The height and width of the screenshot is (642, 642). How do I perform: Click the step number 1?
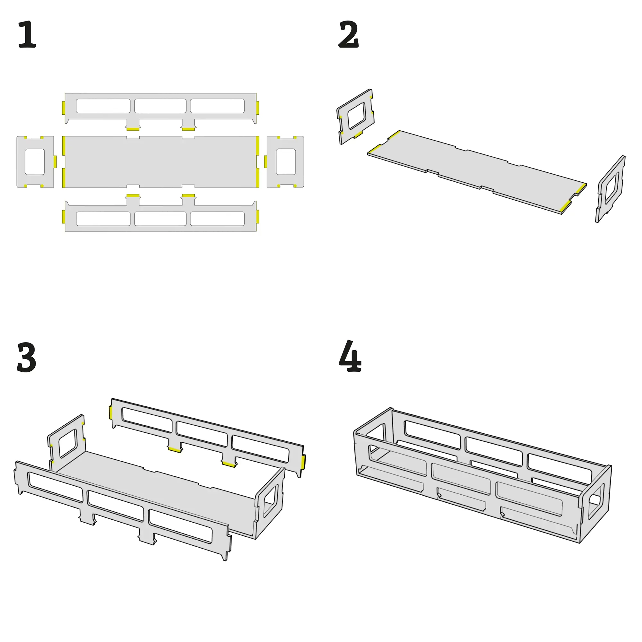[x=27, y=34]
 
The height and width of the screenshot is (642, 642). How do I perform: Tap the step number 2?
[x=348, y=34]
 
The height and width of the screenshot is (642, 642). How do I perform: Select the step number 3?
[x=26, y=357]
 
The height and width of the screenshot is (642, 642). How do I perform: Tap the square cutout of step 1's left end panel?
[x=35, y=162]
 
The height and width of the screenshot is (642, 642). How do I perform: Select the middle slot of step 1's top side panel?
[x=160, y=106]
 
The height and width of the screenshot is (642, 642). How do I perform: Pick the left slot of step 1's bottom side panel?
[x=103, y=219]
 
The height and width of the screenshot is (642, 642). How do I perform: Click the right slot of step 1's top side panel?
[x=217, y=106]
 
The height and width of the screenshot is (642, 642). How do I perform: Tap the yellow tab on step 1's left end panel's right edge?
[x=55, y=162]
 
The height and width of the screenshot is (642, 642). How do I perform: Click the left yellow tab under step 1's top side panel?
[x=133, y=129]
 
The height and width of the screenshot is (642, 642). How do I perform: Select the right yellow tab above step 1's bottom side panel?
[x=188, y=195]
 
